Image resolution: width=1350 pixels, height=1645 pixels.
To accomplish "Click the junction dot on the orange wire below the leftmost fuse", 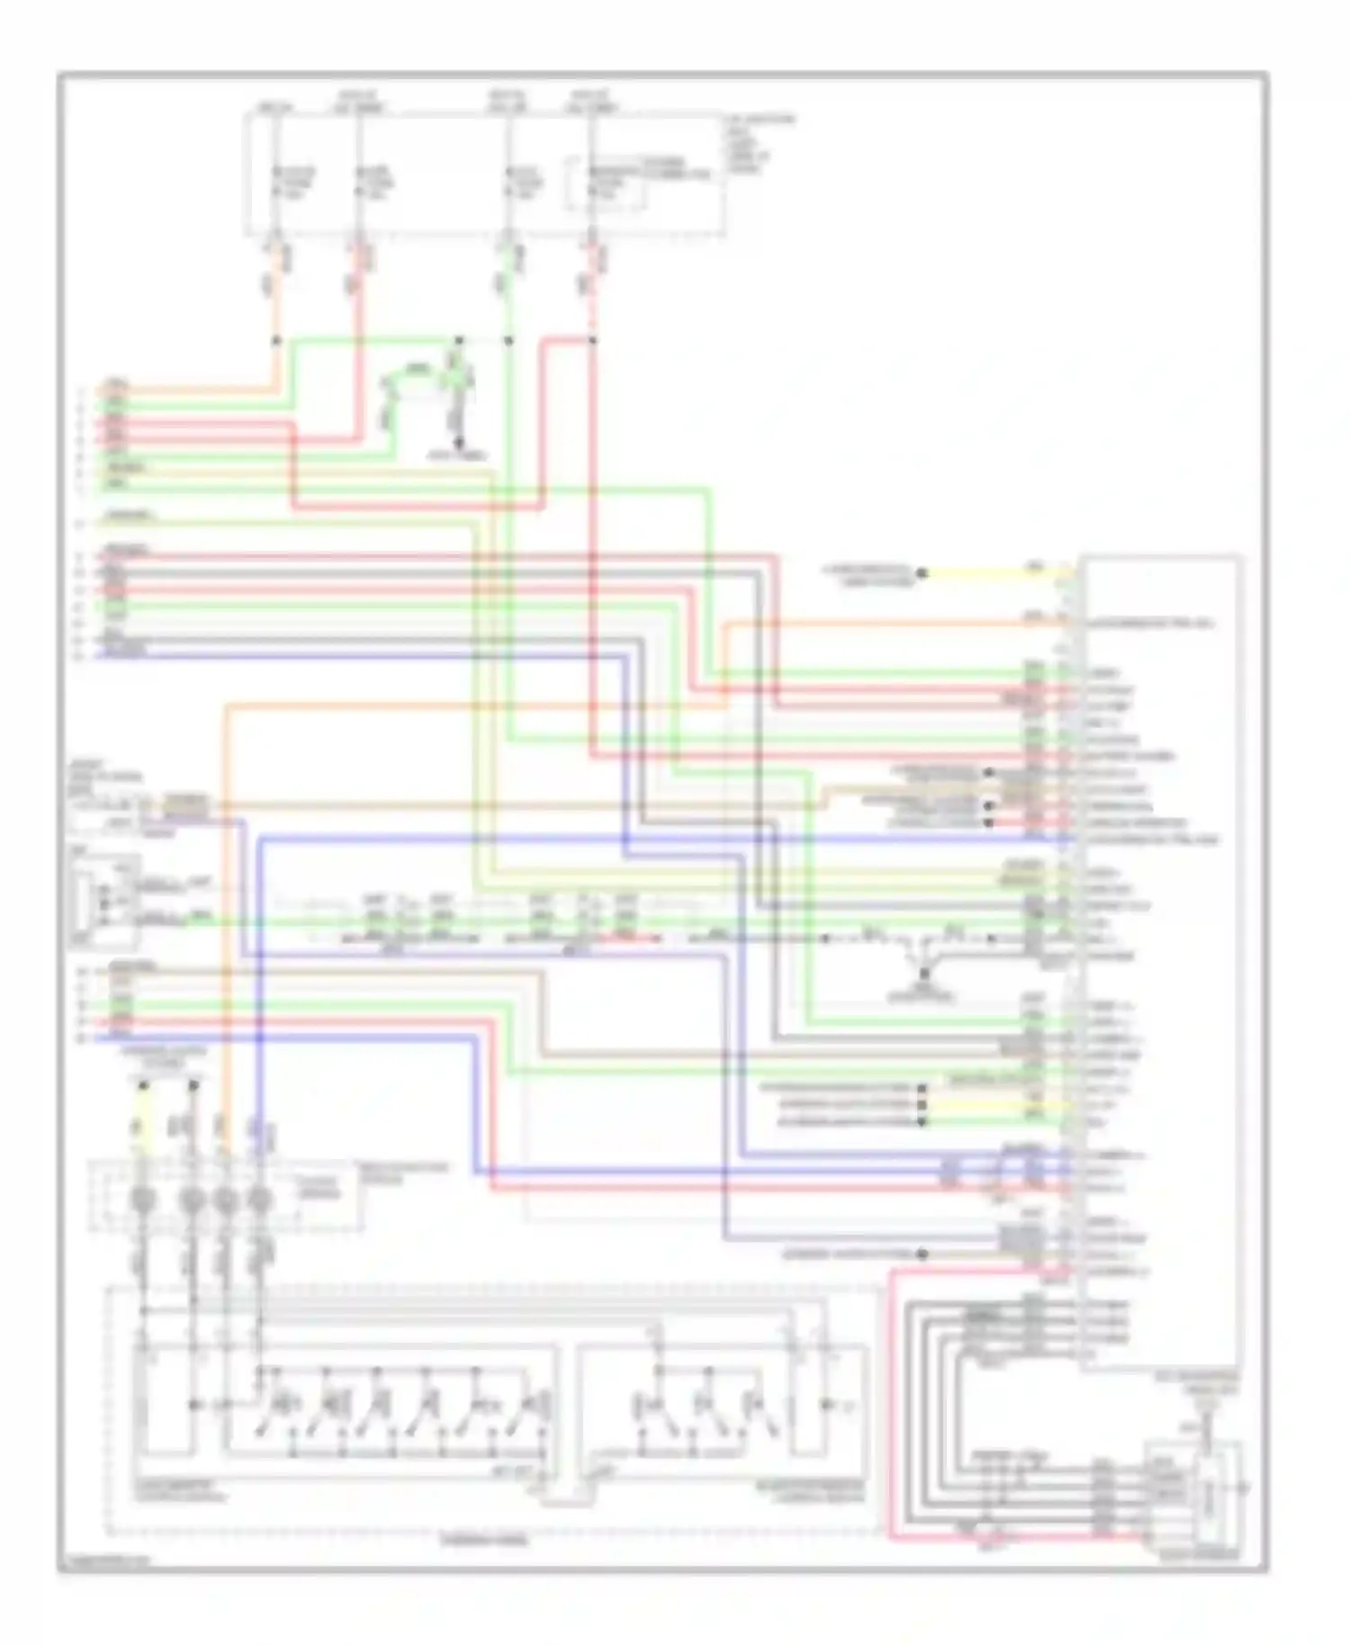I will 276,341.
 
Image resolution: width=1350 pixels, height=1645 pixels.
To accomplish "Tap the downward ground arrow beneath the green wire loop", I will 459,443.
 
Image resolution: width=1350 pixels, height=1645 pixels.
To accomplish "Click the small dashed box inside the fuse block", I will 605,184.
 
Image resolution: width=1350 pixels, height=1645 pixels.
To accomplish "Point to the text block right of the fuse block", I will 761,143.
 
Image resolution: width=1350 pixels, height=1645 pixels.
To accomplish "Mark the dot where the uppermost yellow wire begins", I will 922,572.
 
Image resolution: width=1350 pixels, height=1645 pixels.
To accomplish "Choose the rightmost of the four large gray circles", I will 260,1200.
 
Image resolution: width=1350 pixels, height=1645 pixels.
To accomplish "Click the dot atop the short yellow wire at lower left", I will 143,1086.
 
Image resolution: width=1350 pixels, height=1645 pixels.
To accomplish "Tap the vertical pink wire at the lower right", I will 890,1404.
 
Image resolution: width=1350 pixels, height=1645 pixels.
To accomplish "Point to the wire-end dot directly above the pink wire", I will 922,1254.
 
